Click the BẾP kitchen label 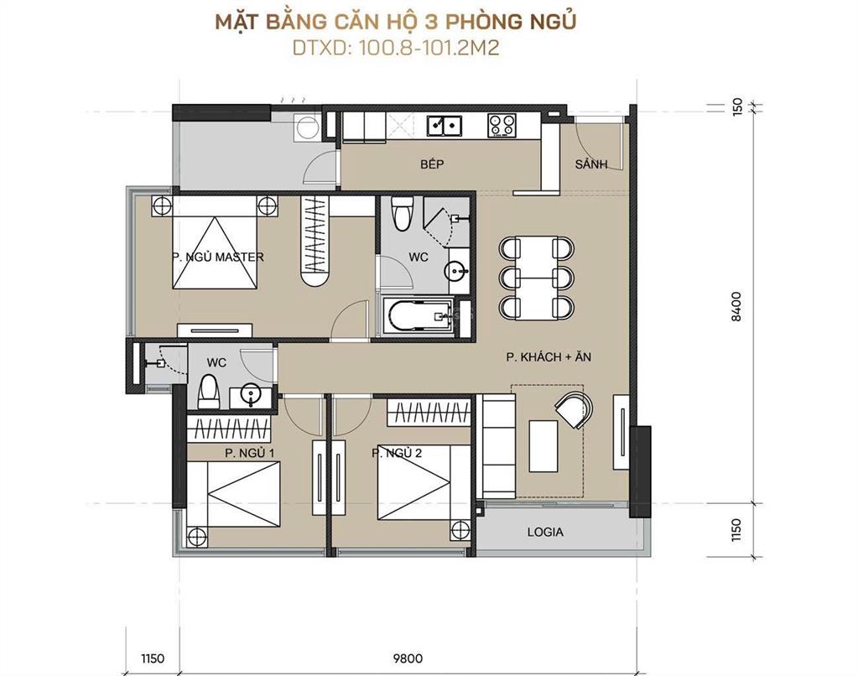point(432,164)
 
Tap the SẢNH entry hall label point(591,164)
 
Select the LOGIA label point(545,532)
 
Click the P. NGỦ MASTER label point(218,257)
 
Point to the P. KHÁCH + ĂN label point(549,357)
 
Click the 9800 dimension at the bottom point(408,658)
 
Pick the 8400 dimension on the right point(736,306)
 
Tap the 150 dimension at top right point(737,106)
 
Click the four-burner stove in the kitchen point(502,125)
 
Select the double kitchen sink point(445,125)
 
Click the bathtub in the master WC point(418,316)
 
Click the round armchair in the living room point(574,410)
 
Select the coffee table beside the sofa point(543,445)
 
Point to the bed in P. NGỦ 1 point(234,494)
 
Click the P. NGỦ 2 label point(397,453)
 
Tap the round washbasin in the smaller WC point(251,396)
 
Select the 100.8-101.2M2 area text point(429,48)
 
